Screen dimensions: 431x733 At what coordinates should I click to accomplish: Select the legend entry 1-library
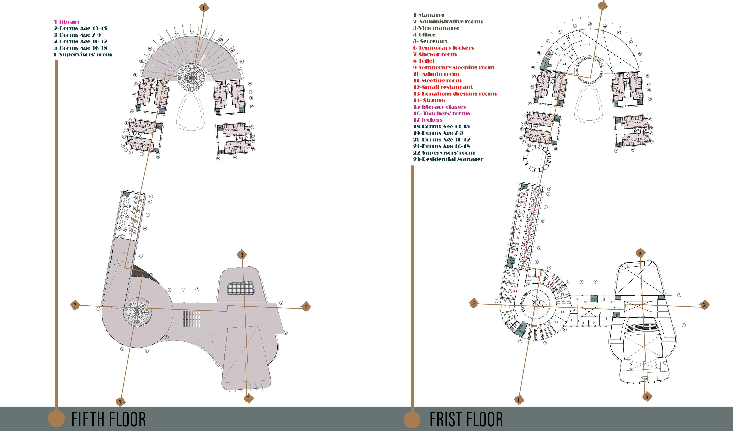67,22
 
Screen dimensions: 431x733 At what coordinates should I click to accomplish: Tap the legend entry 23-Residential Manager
448,159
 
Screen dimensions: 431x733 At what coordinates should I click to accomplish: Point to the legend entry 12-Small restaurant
443,87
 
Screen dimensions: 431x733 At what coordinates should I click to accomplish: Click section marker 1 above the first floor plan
602,6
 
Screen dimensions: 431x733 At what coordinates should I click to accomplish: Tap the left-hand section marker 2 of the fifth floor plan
75,305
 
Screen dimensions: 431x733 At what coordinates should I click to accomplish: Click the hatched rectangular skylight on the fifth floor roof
241,288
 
